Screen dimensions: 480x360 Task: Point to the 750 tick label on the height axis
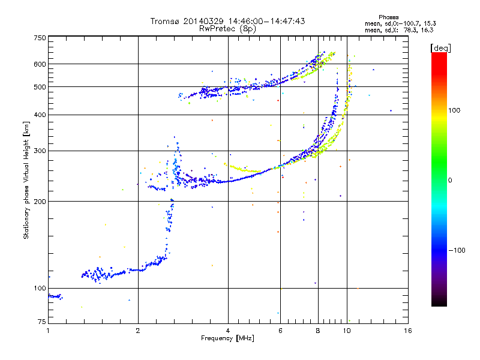[x=40, y=38]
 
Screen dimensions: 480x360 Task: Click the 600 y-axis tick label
[x=40, y=64]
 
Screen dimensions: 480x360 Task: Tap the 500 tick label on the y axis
[x=40, y=87]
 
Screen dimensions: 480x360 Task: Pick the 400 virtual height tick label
[x=40, y=115]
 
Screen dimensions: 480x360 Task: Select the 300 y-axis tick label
[x=40, y=151]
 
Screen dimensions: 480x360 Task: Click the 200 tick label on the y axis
[x=40, y=202]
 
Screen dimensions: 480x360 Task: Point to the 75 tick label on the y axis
[x=42, y=322]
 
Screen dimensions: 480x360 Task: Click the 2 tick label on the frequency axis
[x=138, y=331]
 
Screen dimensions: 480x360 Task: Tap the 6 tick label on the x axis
[x=280, y=331]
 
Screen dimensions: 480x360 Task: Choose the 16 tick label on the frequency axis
[x=408, y=331]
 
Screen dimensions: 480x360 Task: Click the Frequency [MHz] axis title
[x=227, y=338]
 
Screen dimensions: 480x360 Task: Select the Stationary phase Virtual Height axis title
[x=26, y=181]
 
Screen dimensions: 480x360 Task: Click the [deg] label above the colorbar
[x=440, y=48]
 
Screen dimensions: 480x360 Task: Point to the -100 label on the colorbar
[x=457, y=250]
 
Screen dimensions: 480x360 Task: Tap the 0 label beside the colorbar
[x=450, y=180]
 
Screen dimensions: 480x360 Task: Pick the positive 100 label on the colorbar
[x=454, y=110]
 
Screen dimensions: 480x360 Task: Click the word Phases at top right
[x=389, y=17]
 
